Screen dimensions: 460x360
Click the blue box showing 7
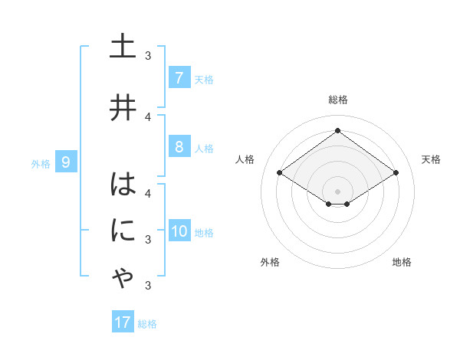pos(179,78)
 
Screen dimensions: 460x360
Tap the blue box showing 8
pos(179,146)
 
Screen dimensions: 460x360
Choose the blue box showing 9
pos(66,162)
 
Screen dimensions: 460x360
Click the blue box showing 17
pos(123,322)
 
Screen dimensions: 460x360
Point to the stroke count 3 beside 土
pos(148,56)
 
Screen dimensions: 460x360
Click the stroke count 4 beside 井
pos(148,117)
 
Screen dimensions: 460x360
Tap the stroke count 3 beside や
pos(148,286)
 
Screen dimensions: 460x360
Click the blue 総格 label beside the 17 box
pos(147,324)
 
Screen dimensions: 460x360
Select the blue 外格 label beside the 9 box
pos(41,163)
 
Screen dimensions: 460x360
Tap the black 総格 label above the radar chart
pos(337,100)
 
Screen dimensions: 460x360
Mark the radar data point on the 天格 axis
pos(396,173)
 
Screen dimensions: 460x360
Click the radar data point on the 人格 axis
pos(279,173)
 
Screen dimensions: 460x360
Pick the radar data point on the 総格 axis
pos(337,131)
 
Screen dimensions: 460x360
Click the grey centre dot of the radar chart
pos(337,190)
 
